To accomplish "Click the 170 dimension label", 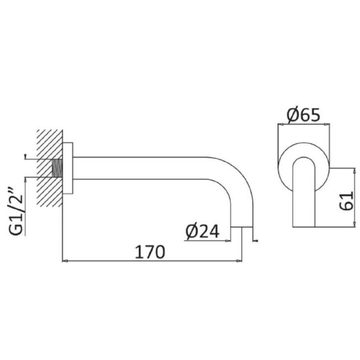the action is point(150,252).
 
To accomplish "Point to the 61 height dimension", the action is point(346,201).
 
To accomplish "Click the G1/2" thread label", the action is point(16,211).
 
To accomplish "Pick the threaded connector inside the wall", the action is point(58,168).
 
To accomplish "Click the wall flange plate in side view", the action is point(68,168).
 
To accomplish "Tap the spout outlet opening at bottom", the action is point(242,227).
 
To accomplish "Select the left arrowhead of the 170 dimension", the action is point(65,261).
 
